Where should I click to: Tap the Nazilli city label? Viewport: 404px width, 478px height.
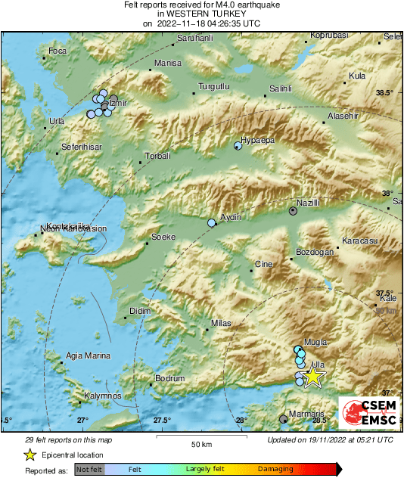pos(309,203)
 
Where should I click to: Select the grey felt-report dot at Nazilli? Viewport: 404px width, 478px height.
pos(294,211)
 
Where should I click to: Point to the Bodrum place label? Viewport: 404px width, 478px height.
pos(169,378)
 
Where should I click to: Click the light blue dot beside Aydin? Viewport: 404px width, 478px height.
pos(212,223)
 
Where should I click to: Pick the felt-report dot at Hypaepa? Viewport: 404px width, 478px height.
pos(238,147)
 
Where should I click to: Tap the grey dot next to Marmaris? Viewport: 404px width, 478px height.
pos(284,418)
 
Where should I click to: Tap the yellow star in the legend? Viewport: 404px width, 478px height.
pos(30,455)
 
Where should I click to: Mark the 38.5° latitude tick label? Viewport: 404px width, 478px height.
pos(385,92)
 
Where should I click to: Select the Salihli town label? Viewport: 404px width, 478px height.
pos(281,88)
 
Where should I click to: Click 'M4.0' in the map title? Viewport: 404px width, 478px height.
pos(226,5)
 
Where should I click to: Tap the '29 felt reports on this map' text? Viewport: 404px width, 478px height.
pos(68,439)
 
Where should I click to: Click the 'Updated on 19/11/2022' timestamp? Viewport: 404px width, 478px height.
pos(330,439)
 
